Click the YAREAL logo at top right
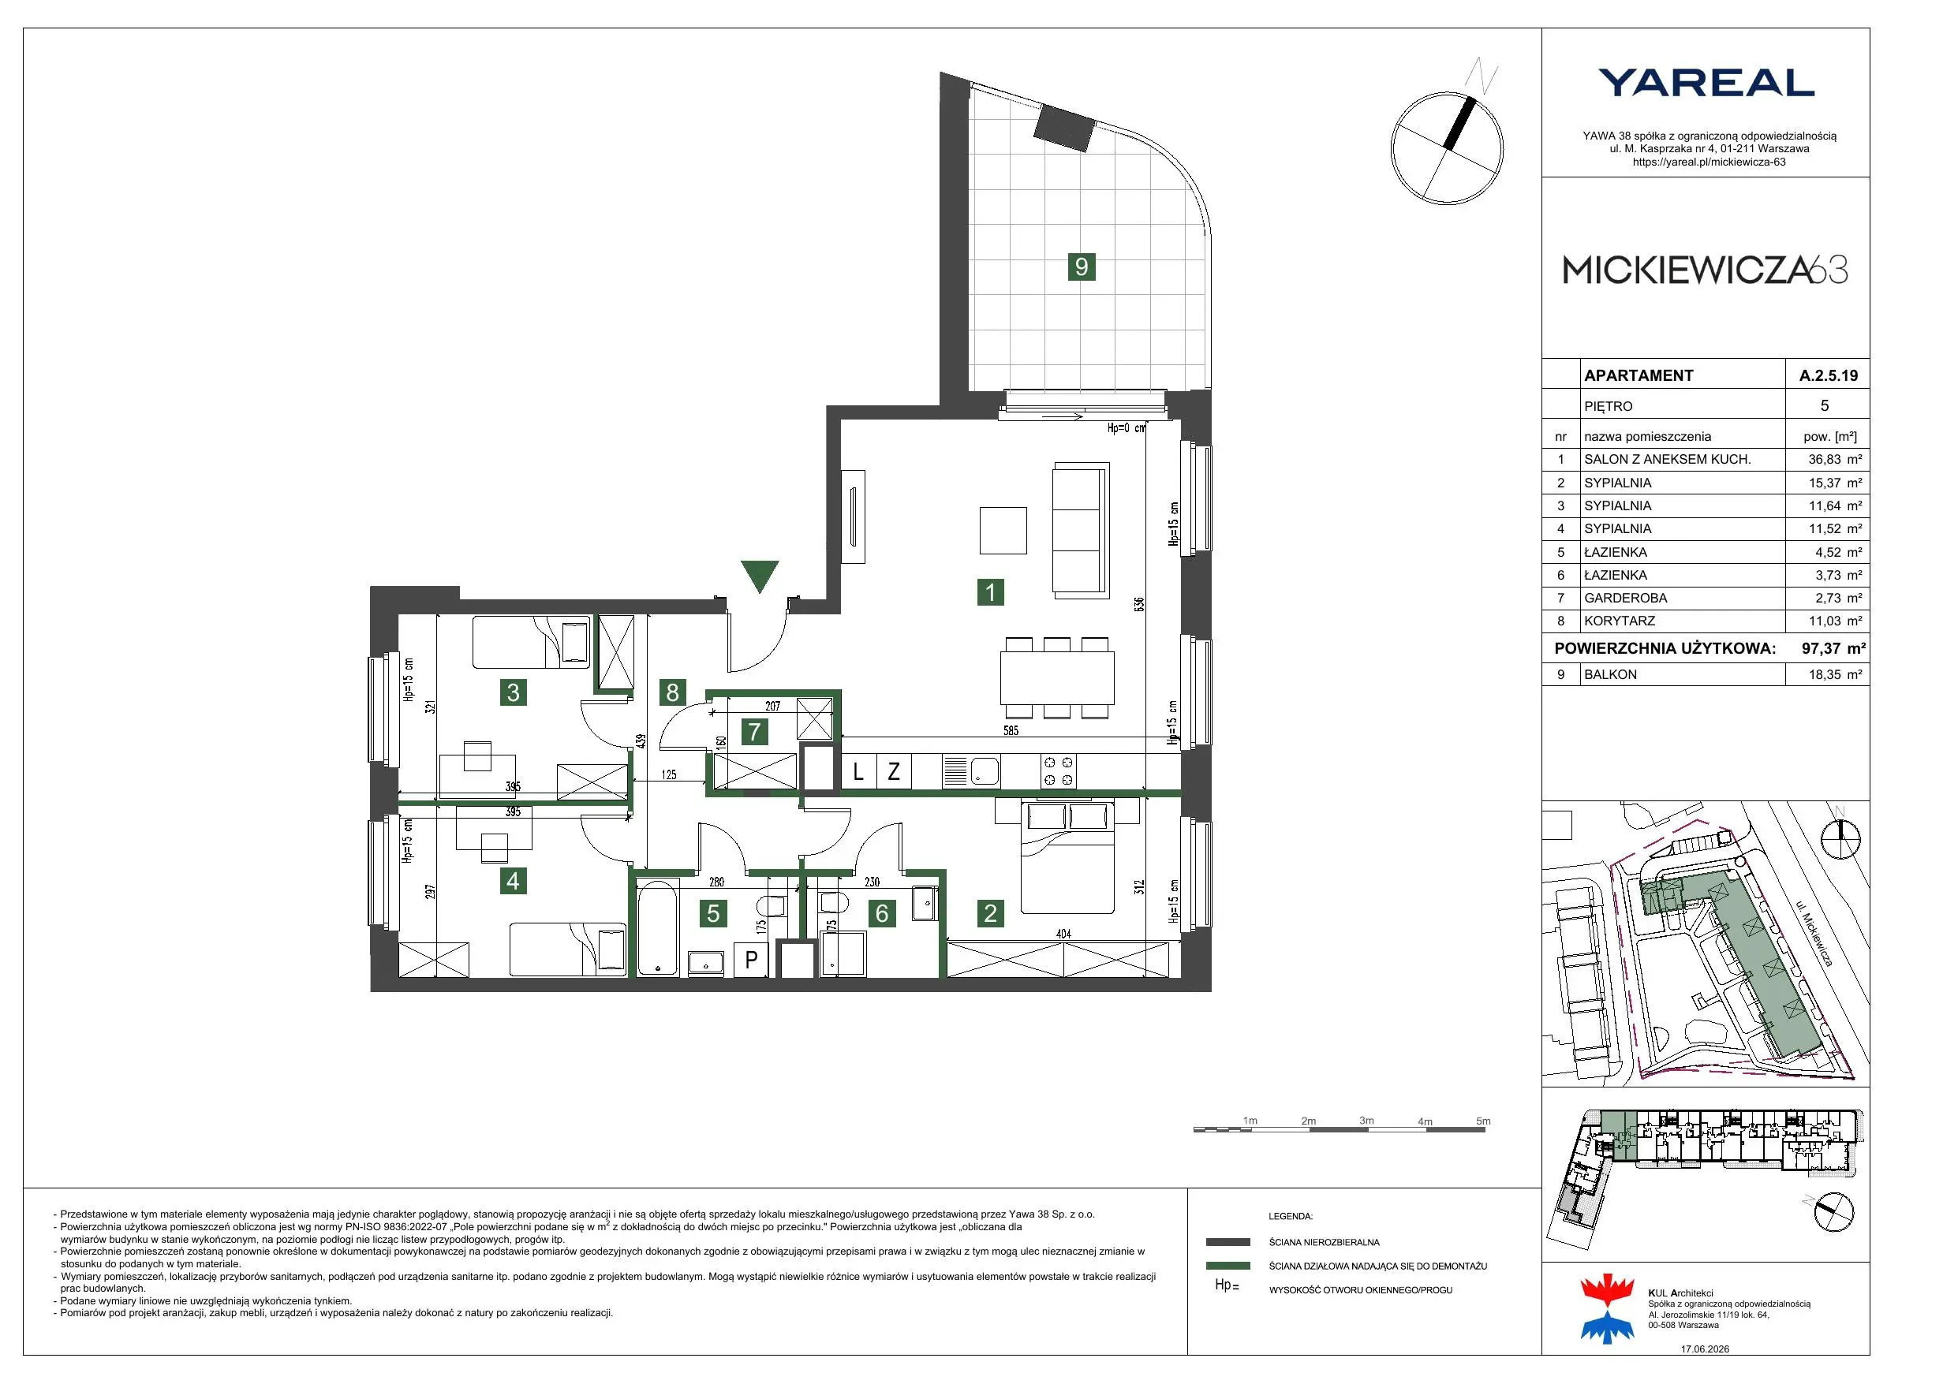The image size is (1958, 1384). (x=1706, y=83)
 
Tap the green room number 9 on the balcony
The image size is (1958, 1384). (x=1082, y=267)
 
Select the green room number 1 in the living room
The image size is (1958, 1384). (x=990, y=591)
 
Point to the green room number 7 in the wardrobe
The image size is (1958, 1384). (x=754, y=731)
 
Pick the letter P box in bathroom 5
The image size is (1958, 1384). (x=751, y=959)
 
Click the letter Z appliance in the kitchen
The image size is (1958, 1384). (x=894, y=772)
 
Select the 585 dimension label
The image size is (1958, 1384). (x=1011, y=731)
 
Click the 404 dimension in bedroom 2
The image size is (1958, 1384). (x=1063, y=934)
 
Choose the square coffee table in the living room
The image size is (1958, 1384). (x=1003, y=531)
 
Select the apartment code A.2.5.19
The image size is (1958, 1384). (x=1829, y=375)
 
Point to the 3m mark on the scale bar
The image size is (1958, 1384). (x=1366, y=1121)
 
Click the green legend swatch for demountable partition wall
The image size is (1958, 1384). (x=1228, y=1266)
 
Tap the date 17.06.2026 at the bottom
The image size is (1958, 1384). (x=1705, y=1349)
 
